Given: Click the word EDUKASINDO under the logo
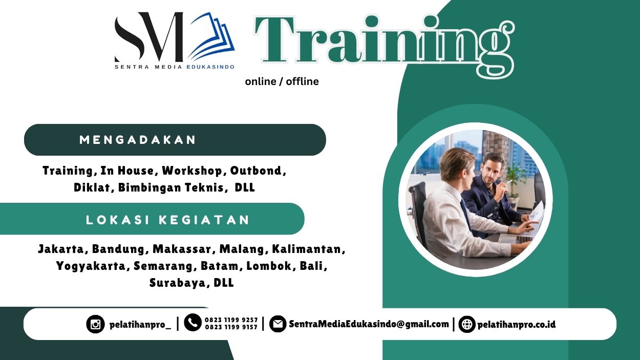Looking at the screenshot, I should pyautogui.click(x=210, y=67).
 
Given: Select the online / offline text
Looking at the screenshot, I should pyautogui.click(x=282, y=81).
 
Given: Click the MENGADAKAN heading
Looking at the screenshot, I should pyautogui.click(x=138, y=140).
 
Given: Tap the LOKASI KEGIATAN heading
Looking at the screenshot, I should pyautogui.click(x=168, y=220).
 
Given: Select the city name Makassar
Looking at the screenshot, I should pyautogui.click(x=182, y=249).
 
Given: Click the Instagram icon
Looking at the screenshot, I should pyautogui.click(x=95, y=324).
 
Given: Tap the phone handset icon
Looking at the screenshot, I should pyautogui.click(x=193, y=323).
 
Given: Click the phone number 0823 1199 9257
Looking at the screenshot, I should pyautogui.click(x=231, y=320).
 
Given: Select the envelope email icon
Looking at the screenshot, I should pyautogui.click(x=278, y=324).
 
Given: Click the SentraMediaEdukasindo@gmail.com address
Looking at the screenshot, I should pyautogui.click(x=369, y=324).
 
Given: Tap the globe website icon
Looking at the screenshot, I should pyautogui.click(x=467, y=324).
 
